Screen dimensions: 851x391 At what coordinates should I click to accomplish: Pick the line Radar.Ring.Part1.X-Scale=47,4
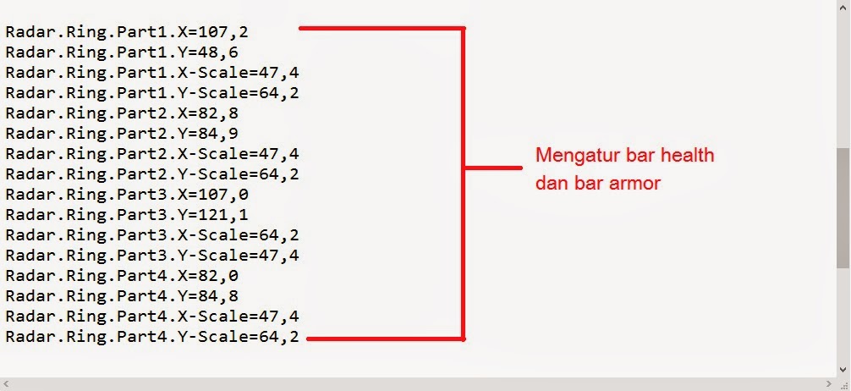coord(152,73)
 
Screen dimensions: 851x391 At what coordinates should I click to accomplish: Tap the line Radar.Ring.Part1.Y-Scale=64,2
coord(152,93)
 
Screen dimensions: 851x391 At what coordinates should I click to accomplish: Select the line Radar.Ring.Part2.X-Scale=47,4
coord(152,154)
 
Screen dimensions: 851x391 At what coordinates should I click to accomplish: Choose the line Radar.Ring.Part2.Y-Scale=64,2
coord(152,174)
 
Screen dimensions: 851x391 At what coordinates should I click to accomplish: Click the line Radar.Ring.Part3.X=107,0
coord(127,195)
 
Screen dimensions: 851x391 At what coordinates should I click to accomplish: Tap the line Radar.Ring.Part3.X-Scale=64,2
coord(152,235)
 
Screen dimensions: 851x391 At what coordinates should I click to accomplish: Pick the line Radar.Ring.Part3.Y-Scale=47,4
coord(152,256)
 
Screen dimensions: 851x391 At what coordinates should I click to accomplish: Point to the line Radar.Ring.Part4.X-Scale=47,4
coord(152,317)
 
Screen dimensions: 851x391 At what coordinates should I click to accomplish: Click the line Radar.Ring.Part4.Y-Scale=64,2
coord(152,337)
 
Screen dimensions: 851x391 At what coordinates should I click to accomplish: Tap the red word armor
coord(634,183)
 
